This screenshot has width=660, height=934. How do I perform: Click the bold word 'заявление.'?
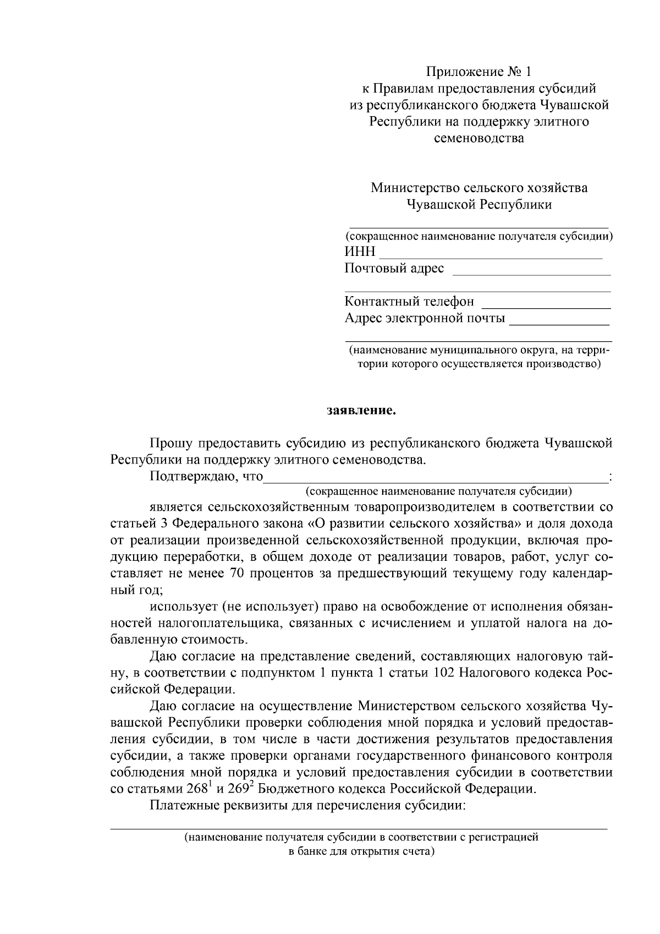coord(361,411)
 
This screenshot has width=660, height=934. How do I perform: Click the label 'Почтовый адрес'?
coord(394,269)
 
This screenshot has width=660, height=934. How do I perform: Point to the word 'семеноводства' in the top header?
coord(479,138)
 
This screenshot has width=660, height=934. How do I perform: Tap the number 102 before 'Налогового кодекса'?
coord(444,673)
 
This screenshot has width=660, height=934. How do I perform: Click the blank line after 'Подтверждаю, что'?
coord(435,477)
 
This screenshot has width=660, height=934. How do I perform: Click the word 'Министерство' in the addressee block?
coord(413,188)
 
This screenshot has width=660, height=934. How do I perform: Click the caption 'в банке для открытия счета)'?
coord(361,851)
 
